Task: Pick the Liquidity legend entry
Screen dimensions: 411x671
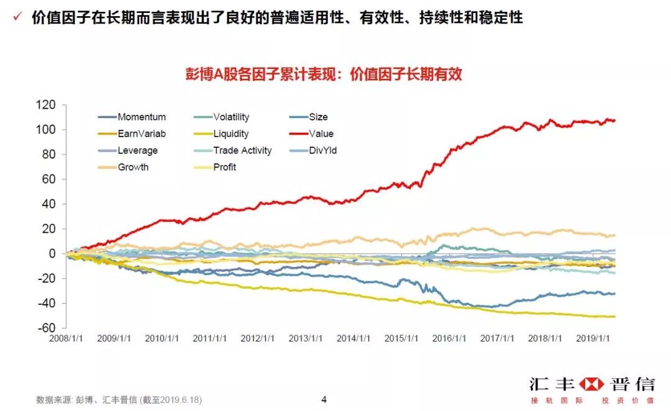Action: pyautogui.click(x=231, y=133)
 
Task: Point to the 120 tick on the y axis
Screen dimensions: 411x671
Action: pyautogui.click(x=45, y=104)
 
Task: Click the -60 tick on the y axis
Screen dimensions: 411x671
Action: pyautogui.click(x=47, y=328)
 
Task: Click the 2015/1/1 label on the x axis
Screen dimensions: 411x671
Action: pyautogui.click(x=402, y=339)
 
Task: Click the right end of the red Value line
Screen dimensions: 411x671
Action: pyautogui.click(x=614, y=120)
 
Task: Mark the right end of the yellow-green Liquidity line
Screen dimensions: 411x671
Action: pyautogui.click(x=614, y=317)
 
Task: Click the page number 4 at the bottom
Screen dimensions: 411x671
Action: pyautogui.click(x=324, y=399)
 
